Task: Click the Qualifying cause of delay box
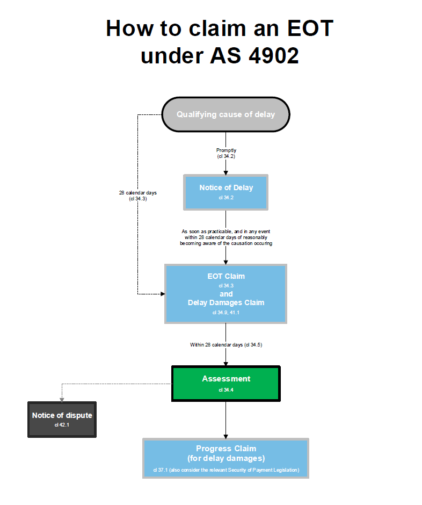coord(225,114)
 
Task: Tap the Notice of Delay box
coord(225,192)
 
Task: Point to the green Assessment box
coord(225,383)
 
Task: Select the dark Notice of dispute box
coord(62,419)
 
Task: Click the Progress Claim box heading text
coord(225,453)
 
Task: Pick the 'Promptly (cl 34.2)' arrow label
coord(225,153)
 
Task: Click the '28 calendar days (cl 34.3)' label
coord(138,196)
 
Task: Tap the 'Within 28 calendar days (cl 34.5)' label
coord(225,344)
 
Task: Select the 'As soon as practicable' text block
coord(225,237)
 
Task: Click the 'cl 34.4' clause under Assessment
coord(225,390)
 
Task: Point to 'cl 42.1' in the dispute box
coord(62,425)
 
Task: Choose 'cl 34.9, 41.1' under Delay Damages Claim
coord(225,312)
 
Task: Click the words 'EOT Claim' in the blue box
coord(225,276)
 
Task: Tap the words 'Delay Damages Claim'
coord(225,302)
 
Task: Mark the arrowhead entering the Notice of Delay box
coord(225,172)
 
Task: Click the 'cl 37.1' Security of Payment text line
coord(225,470)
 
